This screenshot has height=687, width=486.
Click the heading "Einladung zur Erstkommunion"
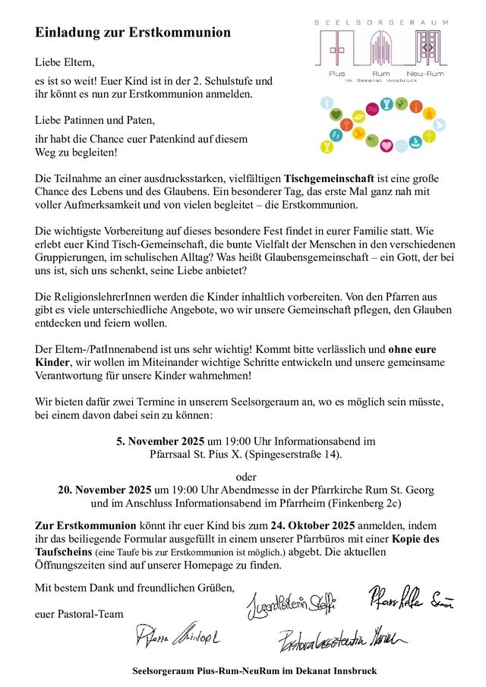tap(133, 33)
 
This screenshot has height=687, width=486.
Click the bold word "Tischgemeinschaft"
tap(335, 177)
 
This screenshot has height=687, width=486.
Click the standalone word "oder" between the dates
tap(248, 477)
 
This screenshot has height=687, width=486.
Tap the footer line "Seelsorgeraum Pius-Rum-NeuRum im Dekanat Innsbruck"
tap(254, 671)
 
